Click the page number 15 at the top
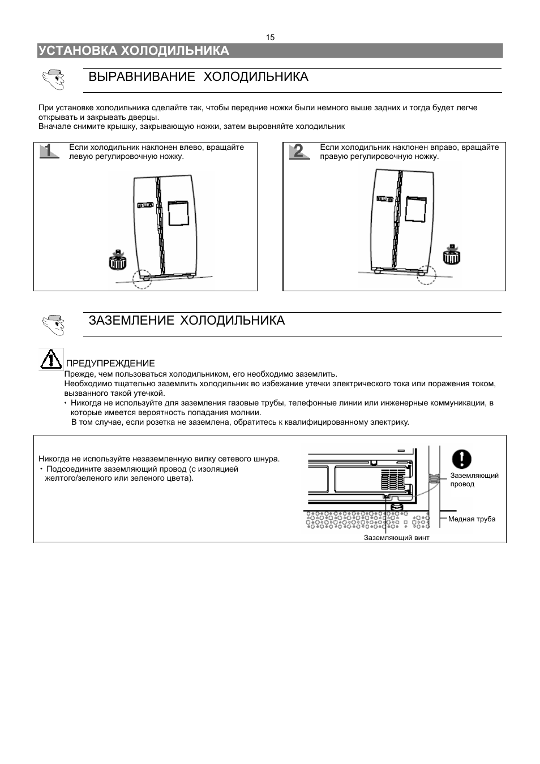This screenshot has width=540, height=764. click(270, 37)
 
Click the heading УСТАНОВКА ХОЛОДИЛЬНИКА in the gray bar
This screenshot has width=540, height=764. click(134, 51)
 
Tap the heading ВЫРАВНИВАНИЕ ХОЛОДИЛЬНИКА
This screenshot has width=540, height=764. click(198, 77)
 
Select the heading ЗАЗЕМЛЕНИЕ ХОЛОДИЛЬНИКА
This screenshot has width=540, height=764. click(186, 321)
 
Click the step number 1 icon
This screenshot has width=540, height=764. click(50, 151)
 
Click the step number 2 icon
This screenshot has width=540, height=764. click(299, 151)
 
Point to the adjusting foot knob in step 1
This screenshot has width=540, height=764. click(118, 261)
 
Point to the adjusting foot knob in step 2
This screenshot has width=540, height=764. click(451, 256)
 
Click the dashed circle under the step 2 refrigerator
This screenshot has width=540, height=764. click(426, 274)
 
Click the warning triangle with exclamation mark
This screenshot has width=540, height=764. click(51, 359)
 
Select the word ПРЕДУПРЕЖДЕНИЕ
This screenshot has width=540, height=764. click(110, 363)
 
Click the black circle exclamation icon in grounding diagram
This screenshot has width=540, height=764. click(462, 458)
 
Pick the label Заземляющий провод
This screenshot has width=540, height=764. click(474, 480)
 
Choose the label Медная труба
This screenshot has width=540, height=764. click(472, 519)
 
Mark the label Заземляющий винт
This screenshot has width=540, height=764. click(396, 538)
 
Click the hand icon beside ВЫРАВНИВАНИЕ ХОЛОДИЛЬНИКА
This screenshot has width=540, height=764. click(53, 79)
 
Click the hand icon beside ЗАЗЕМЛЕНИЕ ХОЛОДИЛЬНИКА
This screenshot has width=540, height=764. click(53, 324)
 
